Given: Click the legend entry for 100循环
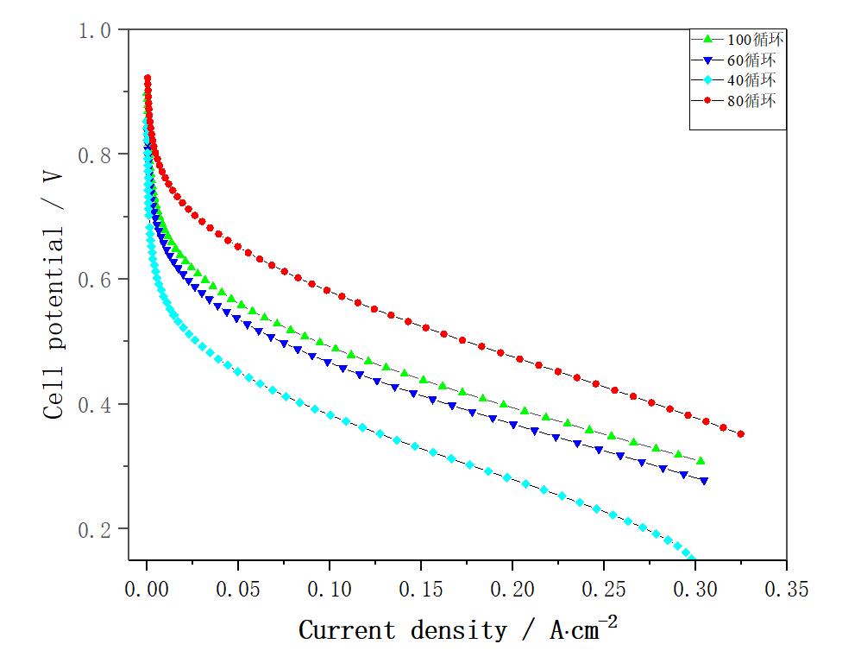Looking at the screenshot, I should click(738, 40).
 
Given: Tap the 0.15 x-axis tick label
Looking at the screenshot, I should click(421, 590).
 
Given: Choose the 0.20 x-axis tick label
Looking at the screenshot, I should click(512, 590).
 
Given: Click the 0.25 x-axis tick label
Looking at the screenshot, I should click(604, 590).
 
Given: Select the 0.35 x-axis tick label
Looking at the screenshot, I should click(786, 590).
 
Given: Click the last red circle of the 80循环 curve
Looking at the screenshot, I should click(741, 434).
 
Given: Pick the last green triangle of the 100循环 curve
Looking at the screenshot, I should click(701, 461).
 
